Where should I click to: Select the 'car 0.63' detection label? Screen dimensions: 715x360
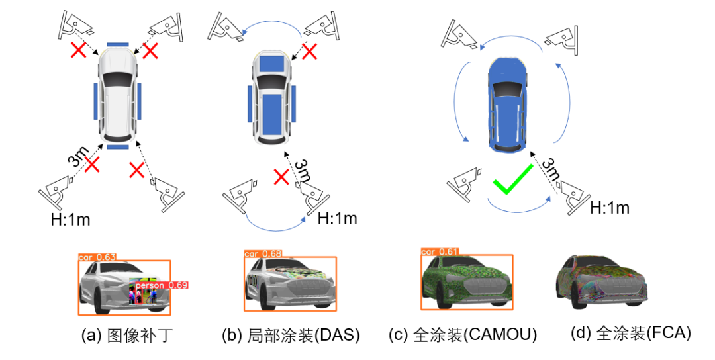click(x=97, y=257)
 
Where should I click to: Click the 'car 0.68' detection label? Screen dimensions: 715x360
click(x=263, y=253)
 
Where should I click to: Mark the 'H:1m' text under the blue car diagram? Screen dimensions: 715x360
click(x=609, y=208)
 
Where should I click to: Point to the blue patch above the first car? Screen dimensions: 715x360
click(x=118, y=44)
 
